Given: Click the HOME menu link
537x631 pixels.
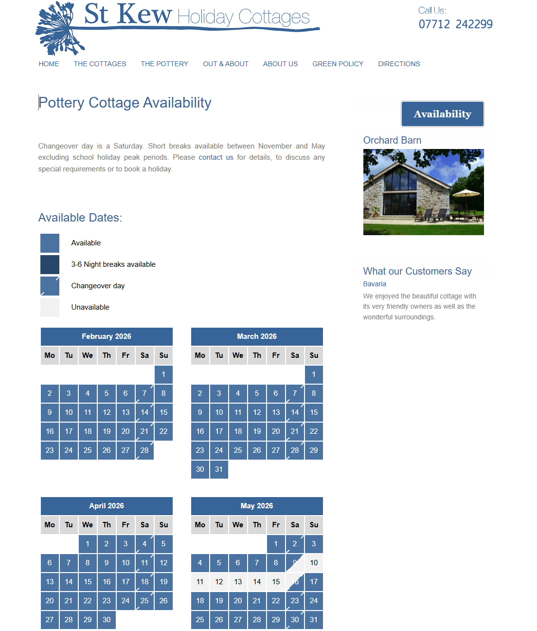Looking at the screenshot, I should pyautogui.click(x=49, y=64).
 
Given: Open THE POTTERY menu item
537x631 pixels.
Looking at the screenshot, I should pyautogui.click(x=164, y=64).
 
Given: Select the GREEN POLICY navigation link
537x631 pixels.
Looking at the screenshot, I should pyautogui.click(x=338, y=64).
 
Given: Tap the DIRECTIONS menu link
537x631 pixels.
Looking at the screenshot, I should pyautogui.click(x=399, y=64).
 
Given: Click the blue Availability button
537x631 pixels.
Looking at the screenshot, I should pyautogui.click(x=442, y=114).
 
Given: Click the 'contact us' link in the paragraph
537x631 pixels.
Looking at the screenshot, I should pyautogui.click(x=216, y=157).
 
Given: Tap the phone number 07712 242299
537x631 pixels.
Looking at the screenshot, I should pyautogui.click(x=455, y=24).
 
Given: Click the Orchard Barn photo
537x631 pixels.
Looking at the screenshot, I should pyautogui.click(x=423, y=192).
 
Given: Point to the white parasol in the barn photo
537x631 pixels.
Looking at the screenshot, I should pyautogui.click(x=466, y=193).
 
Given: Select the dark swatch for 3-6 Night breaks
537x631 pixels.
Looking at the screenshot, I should pyautogui.click(x=50, y=264).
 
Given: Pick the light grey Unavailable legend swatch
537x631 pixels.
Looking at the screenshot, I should pyautogui.click(x=50, y=307).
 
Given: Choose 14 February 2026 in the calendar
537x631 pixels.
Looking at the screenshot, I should pyautogui.click(x=144, y=412).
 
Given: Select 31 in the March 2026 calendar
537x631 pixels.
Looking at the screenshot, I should pyautogui.click(x=219, y=469).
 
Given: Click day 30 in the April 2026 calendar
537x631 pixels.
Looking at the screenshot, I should pyautogui.click(x=107, y=620).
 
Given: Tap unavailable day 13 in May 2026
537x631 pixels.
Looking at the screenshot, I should pyautogui.click(x=238, y=582).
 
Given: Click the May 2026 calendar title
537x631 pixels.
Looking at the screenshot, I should pyautogui.click(x=257, y=506).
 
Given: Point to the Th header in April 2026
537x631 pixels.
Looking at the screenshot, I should pyautogui.click(x=107, y=525).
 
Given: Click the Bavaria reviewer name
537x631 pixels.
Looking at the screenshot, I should pyautogui.click(x=375, y=284).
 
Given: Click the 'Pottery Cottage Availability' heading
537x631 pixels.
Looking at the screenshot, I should pyautogui.click(x=125, y=103).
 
